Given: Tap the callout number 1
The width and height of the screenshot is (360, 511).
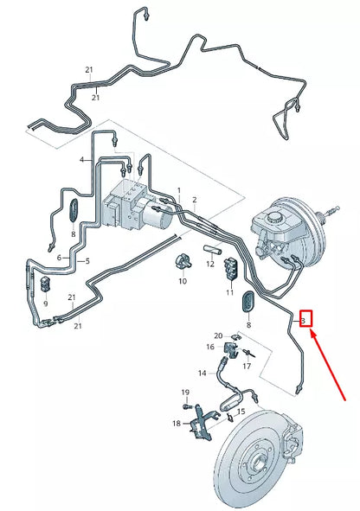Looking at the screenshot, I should [x=179, y=189].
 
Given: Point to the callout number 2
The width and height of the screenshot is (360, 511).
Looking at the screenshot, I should [x=195, y=200].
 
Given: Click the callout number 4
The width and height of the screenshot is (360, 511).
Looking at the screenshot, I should [x=82, y=160].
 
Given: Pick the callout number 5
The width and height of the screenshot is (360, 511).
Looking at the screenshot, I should [x=60, y=258].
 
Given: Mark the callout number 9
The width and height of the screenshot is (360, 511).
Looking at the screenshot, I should [x=47, y=303].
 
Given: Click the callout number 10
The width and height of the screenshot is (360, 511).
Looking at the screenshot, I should [x=183, y=281].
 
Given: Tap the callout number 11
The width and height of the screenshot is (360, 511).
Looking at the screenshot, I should [x=230, y=293].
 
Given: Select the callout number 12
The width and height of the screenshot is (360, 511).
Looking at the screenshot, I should [x=209, y=264].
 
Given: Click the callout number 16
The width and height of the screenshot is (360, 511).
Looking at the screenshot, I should [x=209, y=347].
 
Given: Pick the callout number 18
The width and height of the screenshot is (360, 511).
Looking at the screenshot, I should [x=177, y=424].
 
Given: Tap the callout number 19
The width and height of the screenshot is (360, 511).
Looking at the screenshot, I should [x=184, y=393].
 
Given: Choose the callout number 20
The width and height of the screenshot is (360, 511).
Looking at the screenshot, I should [x=218, y=335].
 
